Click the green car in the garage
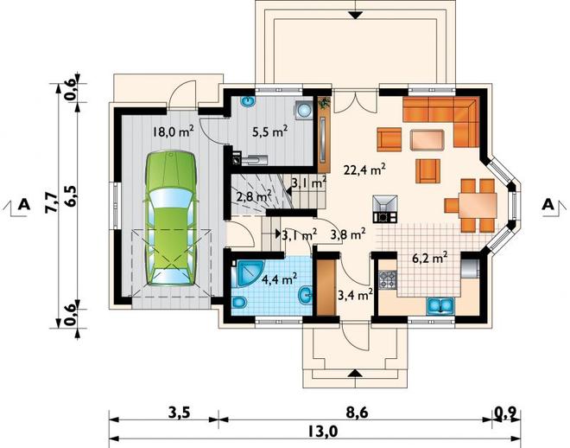point(171,218)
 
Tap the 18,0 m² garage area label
point(173,131)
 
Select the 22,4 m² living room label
point(364,170)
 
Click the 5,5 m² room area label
point(270,131)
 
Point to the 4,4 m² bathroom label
point(280,279)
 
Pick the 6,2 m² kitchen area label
point(429,258)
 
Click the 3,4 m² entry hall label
point(355,294)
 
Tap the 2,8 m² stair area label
point(254,197)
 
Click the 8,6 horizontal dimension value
point(355,413)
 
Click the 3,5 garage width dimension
point(180,413)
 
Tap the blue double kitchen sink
point(440,305)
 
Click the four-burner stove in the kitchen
point(388,280)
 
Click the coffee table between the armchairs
point(427,140)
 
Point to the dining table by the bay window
point(478,206)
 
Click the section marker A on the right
point(548,205)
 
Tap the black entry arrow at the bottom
point(355,374)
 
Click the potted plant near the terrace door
point(324,103)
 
